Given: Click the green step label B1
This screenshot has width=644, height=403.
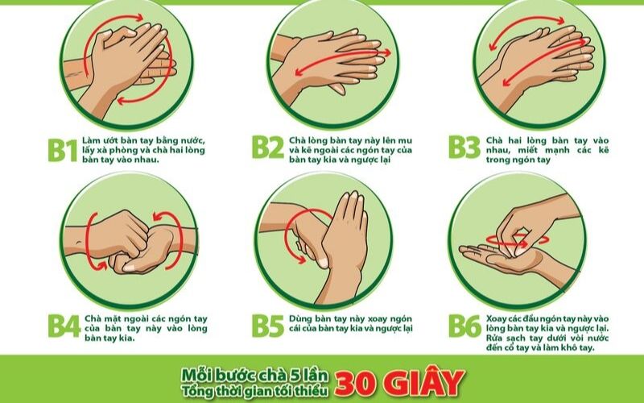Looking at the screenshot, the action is point(63,151).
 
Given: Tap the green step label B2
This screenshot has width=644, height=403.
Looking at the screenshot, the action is point(268,147).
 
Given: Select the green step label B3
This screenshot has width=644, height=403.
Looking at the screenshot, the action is point(464,147).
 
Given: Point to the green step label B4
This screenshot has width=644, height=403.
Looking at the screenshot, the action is point(64,326).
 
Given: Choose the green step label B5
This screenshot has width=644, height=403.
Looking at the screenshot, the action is point(268,326).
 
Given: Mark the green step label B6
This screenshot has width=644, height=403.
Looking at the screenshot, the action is point(464,326).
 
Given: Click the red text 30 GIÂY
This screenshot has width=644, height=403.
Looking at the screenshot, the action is point(399,382).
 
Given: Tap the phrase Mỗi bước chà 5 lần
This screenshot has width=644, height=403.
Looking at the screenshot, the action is point(255,375).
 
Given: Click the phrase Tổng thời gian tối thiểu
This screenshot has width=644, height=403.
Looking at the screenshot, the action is point(255,390).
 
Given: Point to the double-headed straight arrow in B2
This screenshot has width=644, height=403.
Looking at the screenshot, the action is point(343,63).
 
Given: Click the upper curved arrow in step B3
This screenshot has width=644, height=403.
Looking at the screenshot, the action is point(526,24).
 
